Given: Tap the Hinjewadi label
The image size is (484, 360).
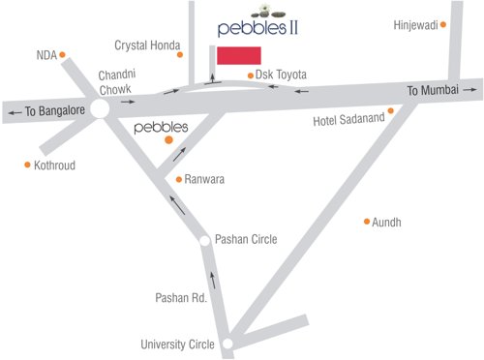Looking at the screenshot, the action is pos(417,25).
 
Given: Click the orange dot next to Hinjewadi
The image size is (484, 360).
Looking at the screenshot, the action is pos(444,25).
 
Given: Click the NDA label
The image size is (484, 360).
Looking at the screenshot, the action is pos(47,55).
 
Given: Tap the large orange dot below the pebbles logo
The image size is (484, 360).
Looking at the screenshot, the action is pos(168,140).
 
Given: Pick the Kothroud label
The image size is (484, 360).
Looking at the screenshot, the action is pos(54,165).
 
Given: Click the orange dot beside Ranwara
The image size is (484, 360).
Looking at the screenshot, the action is pos(178,179).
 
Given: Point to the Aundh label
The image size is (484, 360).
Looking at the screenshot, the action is pos(386,223).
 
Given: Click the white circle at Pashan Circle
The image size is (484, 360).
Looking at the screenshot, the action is pos(204,240).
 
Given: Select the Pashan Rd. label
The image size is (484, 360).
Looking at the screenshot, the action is pos(182,299).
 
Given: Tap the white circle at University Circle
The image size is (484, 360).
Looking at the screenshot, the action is pos(227,344).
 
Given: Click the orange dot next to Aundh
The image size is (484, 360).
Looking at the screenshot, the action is pos(367,222).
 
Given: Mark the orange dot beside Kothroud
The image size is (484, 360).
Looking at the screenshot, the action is pos(27,165).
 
